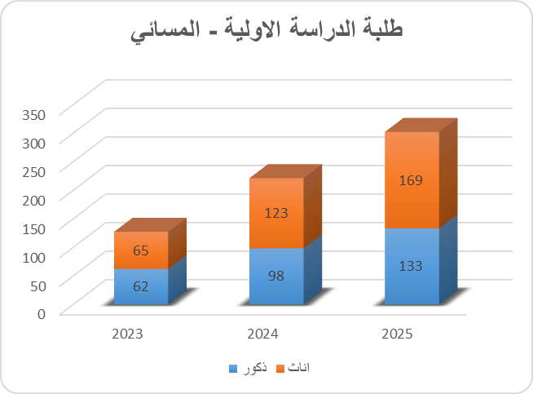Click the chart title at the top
(266, 31)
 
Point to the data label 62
(140, 286)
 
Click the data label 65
(140, 250)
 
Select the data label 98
(276, 276)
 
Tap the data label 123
(276, 213)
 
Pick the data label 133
(412, 266)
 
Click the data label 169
(412, 180)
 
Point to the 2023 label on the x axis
(128, 334)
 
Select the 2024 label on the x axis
(263, 334)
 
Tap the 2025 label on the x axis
(398, 334)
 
